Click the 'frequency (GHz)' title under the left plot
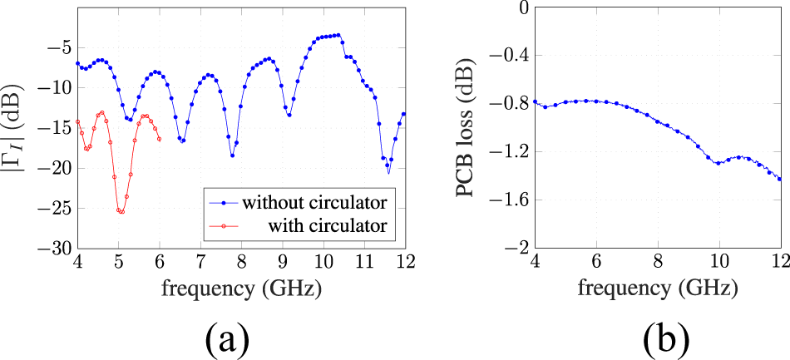pos(241,289)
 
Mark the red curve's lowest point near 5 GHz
pos(121,212)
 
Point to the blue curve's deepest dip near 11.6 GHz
pos(388,170)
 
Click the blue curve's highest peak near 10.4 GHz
pos(338,35)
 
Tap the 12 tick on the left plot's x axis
pos(404,263)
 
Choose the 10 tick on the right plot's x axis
pos(719,263)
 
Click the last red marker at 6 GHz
pos(160,138)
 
